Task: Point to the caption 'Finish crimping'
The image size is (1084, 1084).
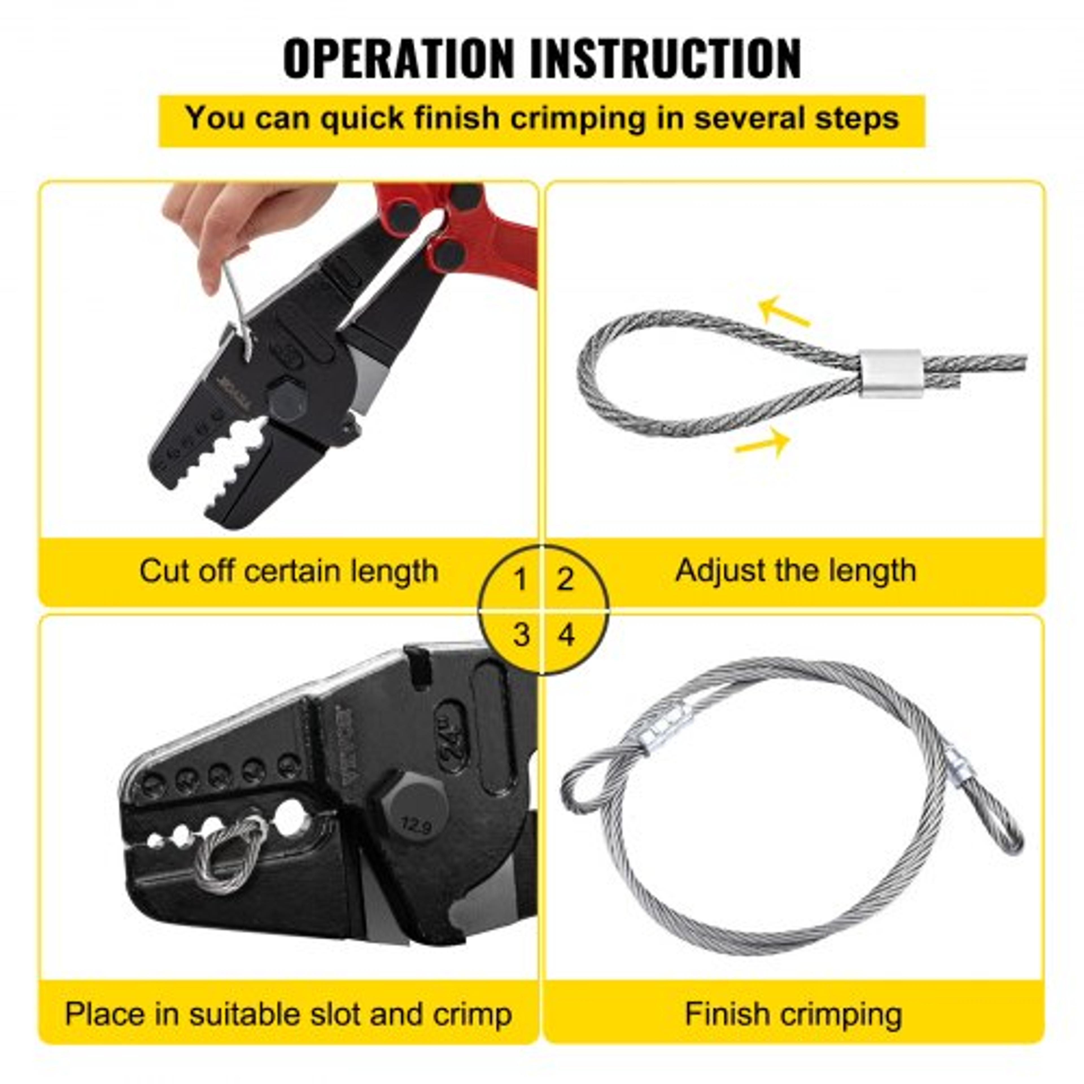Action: [793, 1015]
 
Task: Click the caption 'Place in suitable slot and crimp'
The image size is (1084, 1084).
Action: [289, 1015]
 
